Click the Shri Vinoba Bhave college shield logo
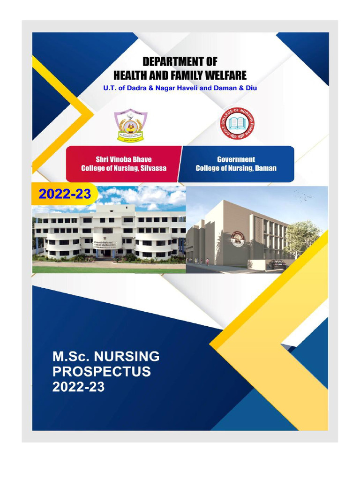(x=131, y=126)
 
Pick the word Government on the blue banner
(x=236, y=159)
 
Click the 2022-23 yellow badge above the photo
(x=64, y=194)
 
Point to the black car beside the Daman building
(x=276, y=265)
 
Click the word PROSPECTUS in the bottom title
(x=101, y=372)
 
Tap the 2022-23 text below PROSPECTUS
(x=78, y=387)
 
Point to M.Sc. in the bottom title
(x=67, y=357)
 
